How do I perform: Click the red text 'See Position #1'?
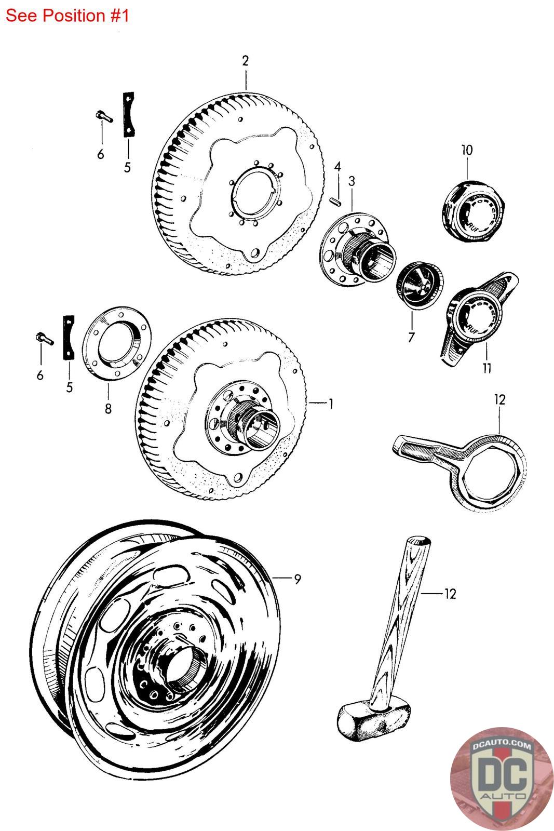tap(67, 16)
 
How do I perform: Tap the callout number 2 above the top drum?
tap(245, 61)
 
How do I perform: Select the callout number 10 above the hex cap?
tap(467, 150)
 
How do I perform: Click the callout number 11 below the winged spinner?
tap(487, 368)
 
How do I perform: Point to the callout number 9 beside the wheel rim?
tap(298, 579)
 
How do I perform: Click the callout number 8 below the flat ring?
tap(108, 408)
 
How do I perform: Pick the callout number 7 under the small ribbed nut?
tap(411, 337)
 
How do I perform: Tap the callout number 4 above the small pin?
tap(337, 167)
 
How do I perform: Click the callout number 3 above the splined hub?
tap(352, 181)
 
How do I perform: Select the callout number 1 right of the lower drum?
tap(331, 403)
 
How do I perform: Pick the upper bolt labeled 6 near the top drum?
tap(103, 116)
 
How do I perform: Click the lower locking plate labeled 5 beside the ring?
tap(69, 338)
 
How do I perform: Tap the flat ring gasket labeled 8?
tap(116, 343)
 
